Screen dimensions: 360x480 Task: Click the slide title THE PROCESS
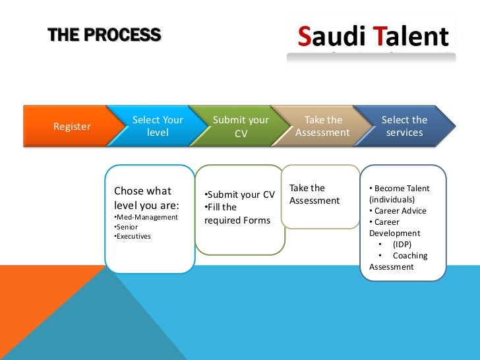[x=104, y=35]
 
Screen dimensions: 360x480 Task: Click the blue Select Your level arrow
[x=158, y=127]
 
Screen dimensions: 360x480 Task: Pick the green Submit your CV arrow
[x=241, y=127]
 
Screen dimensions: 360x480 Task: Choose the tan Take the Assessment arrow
[x=322, y=127]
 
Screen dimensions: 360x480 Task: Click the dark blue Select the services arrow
[x=404, y=127]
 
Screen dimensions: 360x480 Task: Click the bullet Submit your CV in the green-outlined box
[x=239, y=195]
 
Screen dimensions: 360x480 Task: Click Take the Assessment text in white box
[x=314, y=195]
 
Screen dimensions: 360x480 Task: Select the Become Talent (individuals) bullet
[x=400, y=193]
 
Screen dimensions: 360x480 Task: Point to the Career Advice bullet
[x=398, y=211]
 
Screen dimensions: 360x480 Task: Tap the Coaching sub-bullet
[x=409, y=256]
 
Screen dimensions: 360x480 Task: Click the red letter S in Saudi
[x=303, y=37]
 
